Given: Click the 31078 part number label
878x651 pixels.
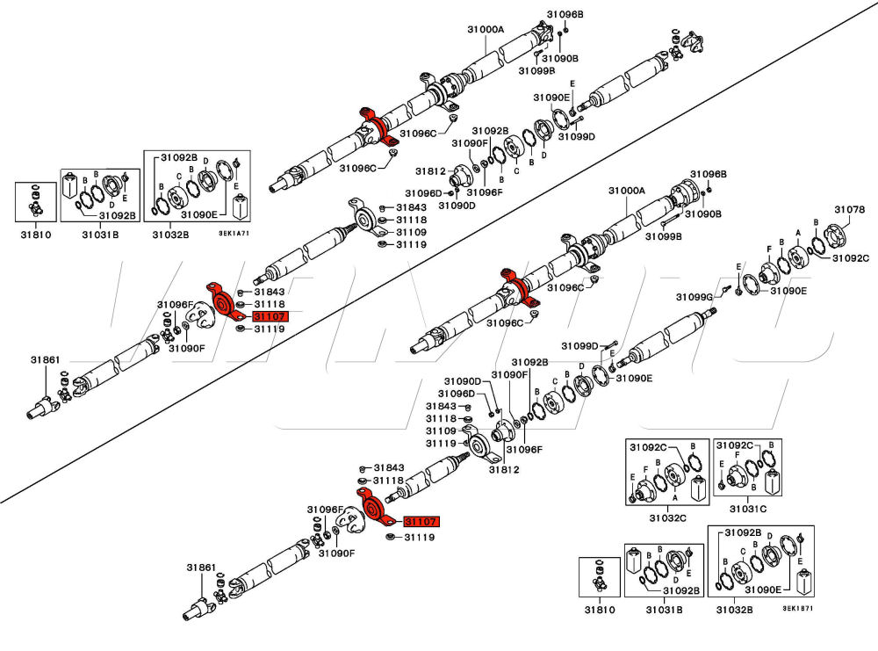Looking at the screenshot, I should (x=849, y=209).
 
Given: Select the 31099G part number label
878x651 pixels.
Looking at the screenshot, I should (x=694, y=297).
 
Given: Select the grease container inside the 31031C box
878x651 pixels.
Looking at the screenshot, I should (x=774, y=481).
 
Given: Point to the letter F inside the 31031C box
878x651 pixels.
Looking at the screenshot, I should (x=737, y=455).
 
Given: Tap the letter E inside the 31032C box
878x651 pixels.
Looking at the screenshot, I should (x=632, y=477).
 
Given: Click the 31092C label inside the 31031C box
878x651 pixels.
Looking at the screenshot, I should (x=738, y=445).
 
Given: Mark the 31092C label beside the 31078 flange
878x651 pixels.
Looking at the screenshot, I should (x=850, y=258).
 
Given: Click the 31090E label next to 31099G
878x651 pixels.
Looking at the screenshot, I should (x=789, y=291).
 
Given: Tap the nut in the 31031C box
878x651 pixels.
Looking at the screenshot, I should (x=722, y=482).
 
